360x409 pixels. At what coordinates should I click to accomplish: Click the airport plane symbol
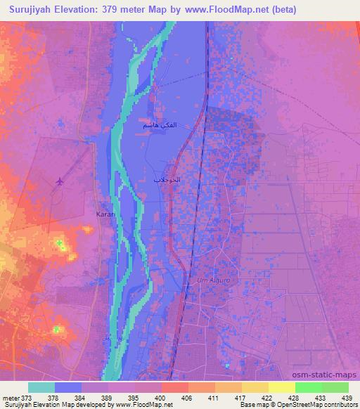coord(58,181)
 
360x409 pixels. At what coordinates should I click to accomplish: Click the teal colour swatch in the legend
coord(41,387)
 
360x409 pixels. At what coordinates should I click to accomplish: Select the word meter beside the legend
coord(10,397)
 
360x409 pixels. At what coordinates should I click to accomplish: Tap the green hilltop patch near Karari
coord(61,245)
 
